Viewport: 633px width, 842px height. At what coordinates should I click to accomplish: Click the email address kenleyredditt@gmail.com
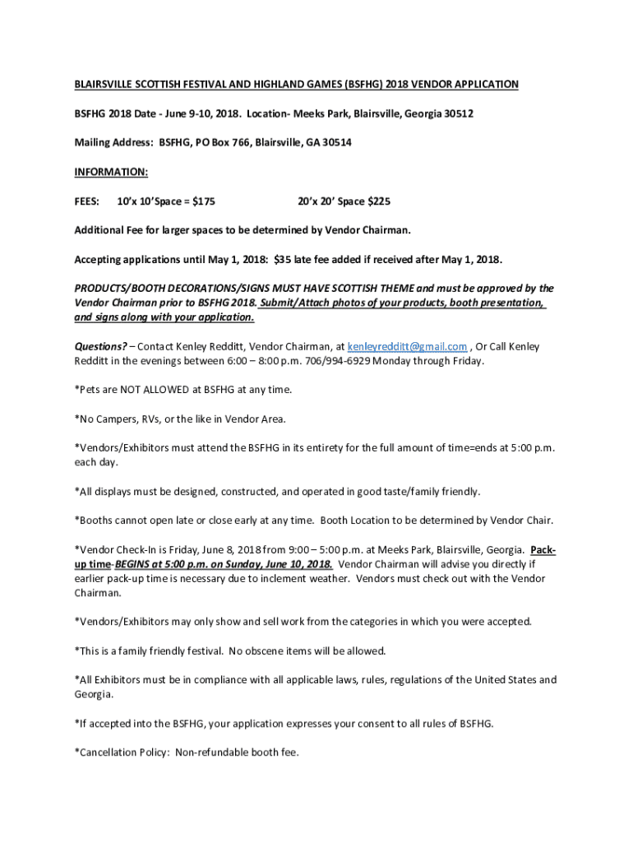click(x=408, y=346)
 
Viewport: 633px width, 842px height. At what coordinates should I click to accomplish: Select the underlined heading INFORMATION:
click(x=111, y=172)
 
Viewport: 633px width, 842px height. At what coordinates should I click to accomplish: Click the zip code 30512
click(x=457, y=113)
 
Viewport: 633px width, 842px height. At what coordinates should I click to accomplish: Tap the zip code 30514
click(x=335, y=142)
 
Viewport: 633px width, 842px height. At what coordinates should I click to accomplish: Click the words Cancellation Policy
click(x=123, y=752)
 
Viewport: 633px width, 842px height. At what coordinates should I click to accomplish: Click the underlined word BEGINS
click(x=135, y=564)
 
